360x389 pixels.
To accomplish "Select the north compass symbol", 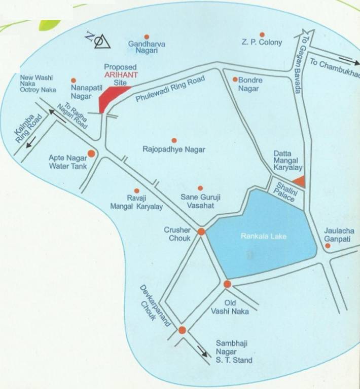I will tap(98, 41).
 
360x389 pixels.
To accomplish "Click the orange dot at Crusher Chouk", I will tap(201, 231).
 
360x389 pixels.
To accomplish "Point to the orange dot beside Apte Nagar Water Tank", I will tap(91, 153).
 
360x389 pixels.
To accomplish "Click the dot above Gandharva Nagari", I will tap(147, 36).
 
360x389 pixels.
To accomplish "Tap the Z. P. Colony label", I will tap(262, 43).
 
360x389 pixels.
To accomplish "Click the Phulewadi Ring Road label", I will tap(170, 90).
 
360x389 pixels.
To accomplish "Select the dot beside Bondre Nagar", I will tap(235, 79).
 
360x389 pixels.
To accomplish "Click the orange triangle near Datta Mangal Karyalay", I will tap(299, 181).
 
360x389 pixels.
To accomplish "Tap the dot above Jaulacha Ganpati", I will tap(328, 246).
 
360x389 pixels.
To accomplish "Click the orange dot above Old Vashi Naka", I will tap(227, 284).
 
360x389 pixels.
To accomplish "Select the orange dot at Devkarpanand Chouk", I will tap(182, 330).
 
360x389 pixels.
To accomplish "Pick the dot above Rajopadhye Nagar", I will tap(174, 140).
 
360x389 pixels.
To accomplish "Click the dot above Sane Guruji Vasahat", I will tap(200, 188).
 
